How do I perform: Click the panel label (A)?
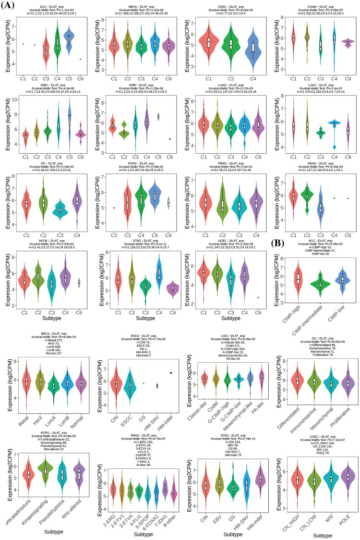click(10, 5)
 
